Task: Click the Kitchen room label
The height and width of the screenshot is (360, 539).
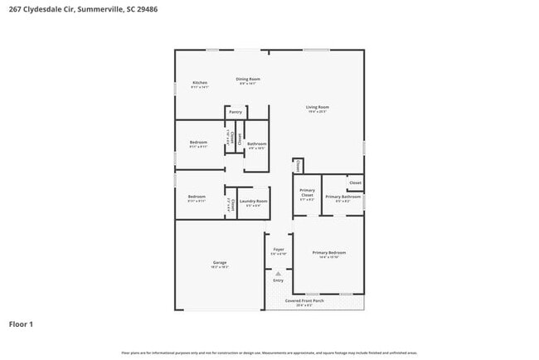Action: (200, 83)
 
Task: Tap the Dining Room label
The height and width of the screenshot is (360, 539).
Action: (248, 78)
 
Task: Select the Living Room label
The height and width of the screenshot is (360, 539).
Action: (318, 107)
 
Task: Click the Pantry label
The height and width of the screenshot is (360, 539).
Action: (236, 111)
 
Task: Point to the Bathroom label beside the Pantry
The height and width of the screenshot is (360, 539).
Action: (256, 144)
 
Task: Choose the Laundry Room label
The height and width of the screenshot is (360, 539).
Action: (254, 201)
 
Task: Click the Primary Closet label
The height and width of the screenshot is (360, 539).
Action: (306, 194)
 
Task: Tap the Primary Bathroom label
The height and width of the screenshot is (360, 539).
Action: (342, 197)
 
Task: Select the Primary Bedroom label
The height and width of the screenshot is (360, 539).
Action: (329, 252)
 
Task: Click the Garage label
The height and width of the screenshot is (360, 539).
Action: (219, 263)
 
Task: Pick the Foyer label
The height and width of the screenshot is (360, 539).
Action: (279, 250)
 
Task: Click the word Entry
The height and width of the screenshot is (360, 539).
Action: (279, 280)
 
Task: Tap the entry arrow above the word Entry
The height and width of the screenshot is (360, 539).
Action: (279, 272)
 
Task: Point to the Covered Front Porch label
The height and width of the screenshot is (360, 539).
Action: (304, 300)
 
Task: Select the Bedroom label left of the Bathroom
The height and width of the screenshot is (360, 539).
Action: (198, 143)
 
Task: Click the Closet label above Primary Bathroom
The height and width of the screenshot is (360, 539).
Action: (355, 182)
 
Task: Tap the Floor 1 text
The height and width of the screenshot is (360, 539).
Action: (22, 324)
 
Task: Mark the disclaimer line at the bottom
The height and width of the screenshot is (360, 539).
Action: (269, 353)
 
